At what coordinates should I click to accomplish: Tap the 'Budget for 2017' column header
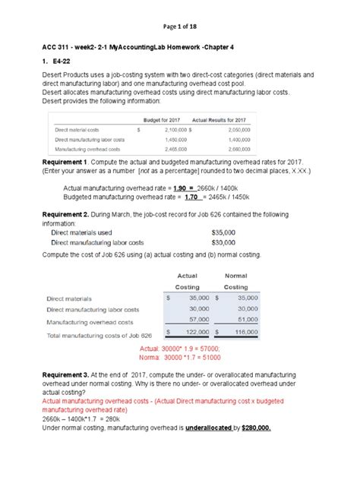coord(165,120)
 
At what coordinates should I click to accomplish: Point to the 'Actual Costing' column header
coord(187,281)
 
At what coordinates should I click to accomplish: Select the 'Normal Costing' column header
coord(236,281)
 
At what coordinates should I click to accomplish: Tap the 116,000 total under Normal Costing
coord(244,333)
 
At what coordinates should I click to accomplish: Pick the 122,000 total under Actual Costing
coord(194,333)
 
